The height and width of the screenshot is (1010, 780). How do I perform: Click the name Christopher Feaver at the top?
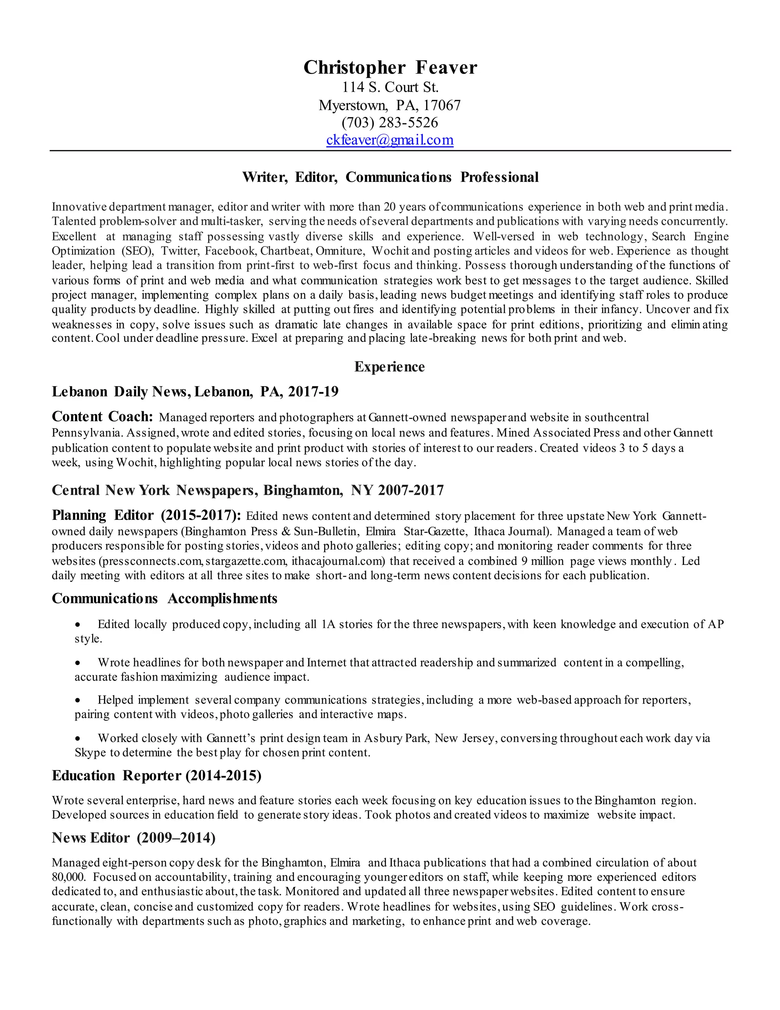pos(390,67)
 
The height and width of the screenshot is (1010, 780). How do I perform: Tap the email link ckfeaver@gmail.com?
pos(390,139)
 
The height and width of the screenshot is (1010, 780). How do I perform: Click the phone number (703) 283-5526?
pos(390,123)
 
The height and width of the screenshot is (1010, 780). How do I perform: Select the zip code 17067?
pos(442,106)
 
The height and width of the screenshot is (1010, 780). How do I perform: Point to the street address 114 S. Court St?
pos(390,87)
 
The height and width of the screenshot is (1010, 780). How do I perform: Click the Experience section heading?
pos(390,367)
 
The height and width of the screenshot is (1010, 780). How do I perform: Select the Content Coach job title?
pos(102,417)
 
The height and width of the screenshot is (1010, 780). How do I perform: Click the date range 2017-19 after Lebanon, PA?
pos(313,392)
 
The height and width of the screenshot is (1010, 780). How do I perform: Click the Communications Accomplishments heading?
pos(165,598)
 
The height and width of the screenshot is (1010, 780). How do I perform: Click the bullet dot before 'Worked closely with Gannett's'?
pos(78,739)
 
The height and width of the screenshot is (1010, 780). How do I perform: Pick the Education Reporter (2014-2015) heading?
pos(157,776)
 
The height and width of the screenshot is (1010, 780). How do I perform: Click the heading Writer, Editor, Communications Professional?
pos(390,177)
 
